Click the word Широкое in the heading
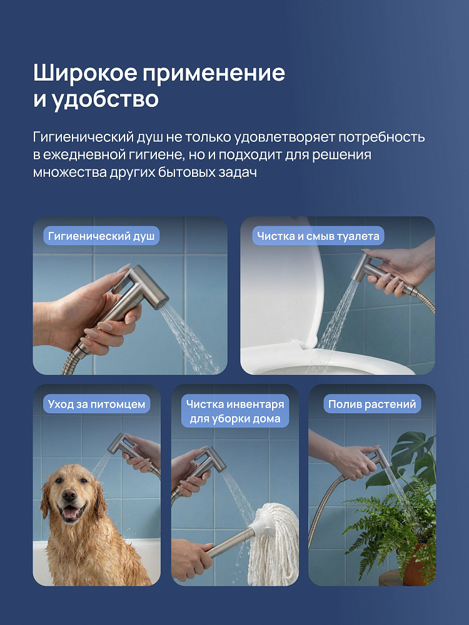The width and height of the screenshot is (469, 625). pyautogui.click(x=85, y=72)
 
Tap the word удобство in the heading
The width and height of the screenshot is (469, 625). pyautogui.click(x=105, y=99)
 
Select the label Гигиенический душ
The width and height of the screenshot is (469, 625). pyautogui.click(x=101, y=236)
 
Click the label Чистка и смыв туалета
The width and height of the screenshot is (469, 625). pyautogui.click(x=318, y=236)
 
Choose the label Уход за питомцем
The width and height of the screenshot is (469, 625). pyautogui.click(x=96, y=404)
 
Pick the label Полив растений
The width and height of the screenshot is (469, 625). pyautogui.click(x=372, y=404)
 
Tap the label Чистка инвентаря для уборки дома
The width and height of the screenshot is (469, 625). pyautogui.click(x=235, y=411)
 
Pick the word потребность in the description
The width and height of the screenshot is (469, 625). pyautogui.click(x=381, y=137)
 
